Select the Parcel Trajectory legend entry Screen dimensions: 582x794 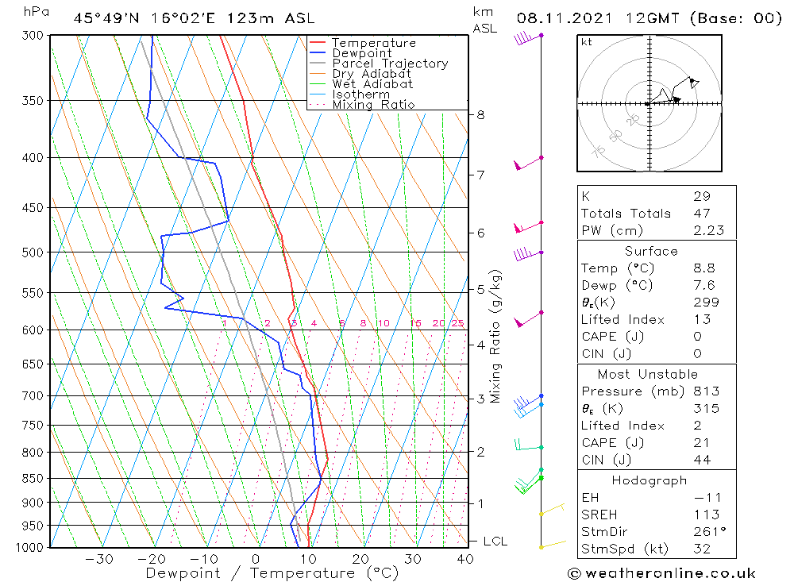pyautogui.click(x=390, y=64)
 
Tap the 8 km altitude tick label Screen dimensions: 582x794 pyautogui.click(x=480, y=114)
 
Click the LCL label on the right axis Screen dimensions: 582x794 pyautogui.click(x=495, y=542)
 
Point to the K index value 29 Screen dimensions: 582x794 pyautogui.click(x=701, y=196)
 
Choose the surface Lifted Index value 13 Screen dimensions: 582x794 pyautogui.click(x=701, y=319)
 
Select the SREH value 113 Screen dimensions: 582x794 pyautogui.click(x=705, y=515)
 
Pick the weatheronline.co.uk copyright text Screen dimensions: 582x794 pyautogui.click(x=661, y=573)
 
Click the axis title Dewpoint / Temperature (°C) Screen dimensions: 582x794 pyautogui.click(x=272, y=573)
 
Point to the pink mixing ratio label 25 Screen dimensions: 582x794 pyautogui.click(x=457, y=323)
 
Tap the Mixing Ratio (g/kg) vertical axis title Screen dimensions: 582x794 pyautogui.click(x=496, y=336)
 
